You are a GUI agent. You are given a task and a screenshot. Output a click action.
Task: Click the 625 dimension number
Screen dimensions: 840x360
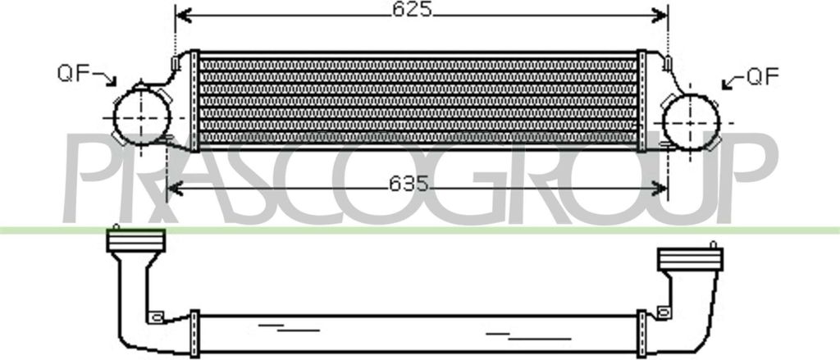point(412,9)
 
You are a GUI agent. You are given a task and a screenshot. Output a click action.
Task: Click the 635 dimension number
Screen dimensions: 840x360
point(409,184)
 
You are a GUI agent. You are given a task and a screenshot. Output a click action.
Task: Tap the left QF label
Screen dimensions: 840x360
point(73,73)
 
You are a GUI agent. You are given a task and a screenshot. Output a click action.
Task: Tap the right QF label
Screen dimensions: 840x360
point(762,77)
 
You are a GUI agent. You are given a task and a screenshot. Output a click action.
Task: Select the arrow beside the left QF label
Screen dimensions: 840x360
point(105,78)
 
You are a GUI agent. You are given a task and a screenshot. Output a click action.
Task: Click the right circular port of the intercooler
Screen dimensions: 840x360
point(691,123)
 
